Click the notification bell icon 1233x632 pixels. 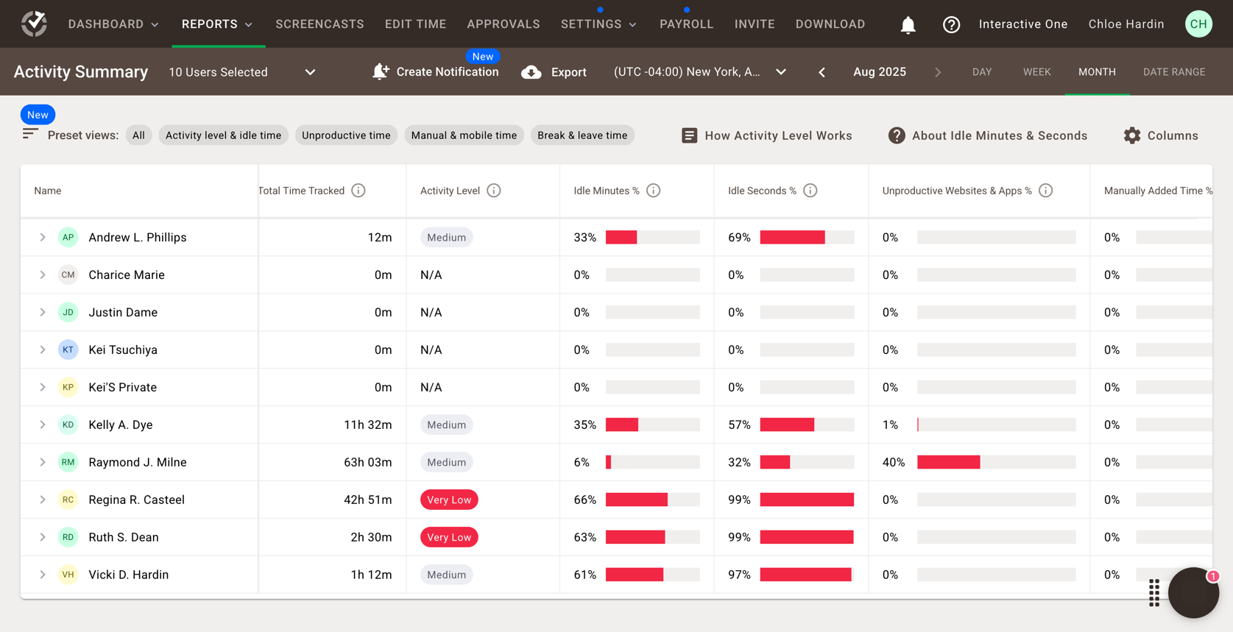point(908,25)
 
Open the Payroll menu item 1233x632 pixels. point(686,24)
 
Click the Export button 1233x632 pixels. point(554,72)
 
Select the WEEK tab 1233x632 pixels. point(1036,72)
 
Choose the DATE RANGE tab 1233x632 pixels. point(1173,72)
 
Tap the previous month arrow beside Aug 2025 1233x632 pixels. point(822,72)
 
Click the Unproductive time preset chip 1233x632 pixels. point(346,135)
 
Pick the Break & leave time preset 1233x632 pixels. point(582,135)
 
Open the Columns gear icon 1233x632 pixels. point(1131,135)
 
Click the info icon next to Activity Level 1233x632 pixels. point(494,191)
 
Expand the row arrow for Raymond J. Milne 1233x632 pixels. point(43,462)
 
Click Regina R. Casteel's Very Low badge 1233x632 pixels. point(449,500)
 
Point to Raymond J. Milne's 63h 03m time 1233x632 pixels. point(367,462)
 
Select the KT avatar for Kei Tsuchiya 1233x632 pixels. point(68,349)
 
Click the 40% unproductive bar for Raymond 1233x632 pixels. point(948,462)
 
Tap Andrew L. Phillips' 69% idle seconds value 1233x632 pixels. point(738,238)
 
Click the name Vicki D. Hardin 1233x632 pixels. point(128,575)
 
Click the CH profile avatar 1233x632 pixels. point(1198,24)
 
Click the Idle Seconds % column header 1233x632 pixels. point(762,191)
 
